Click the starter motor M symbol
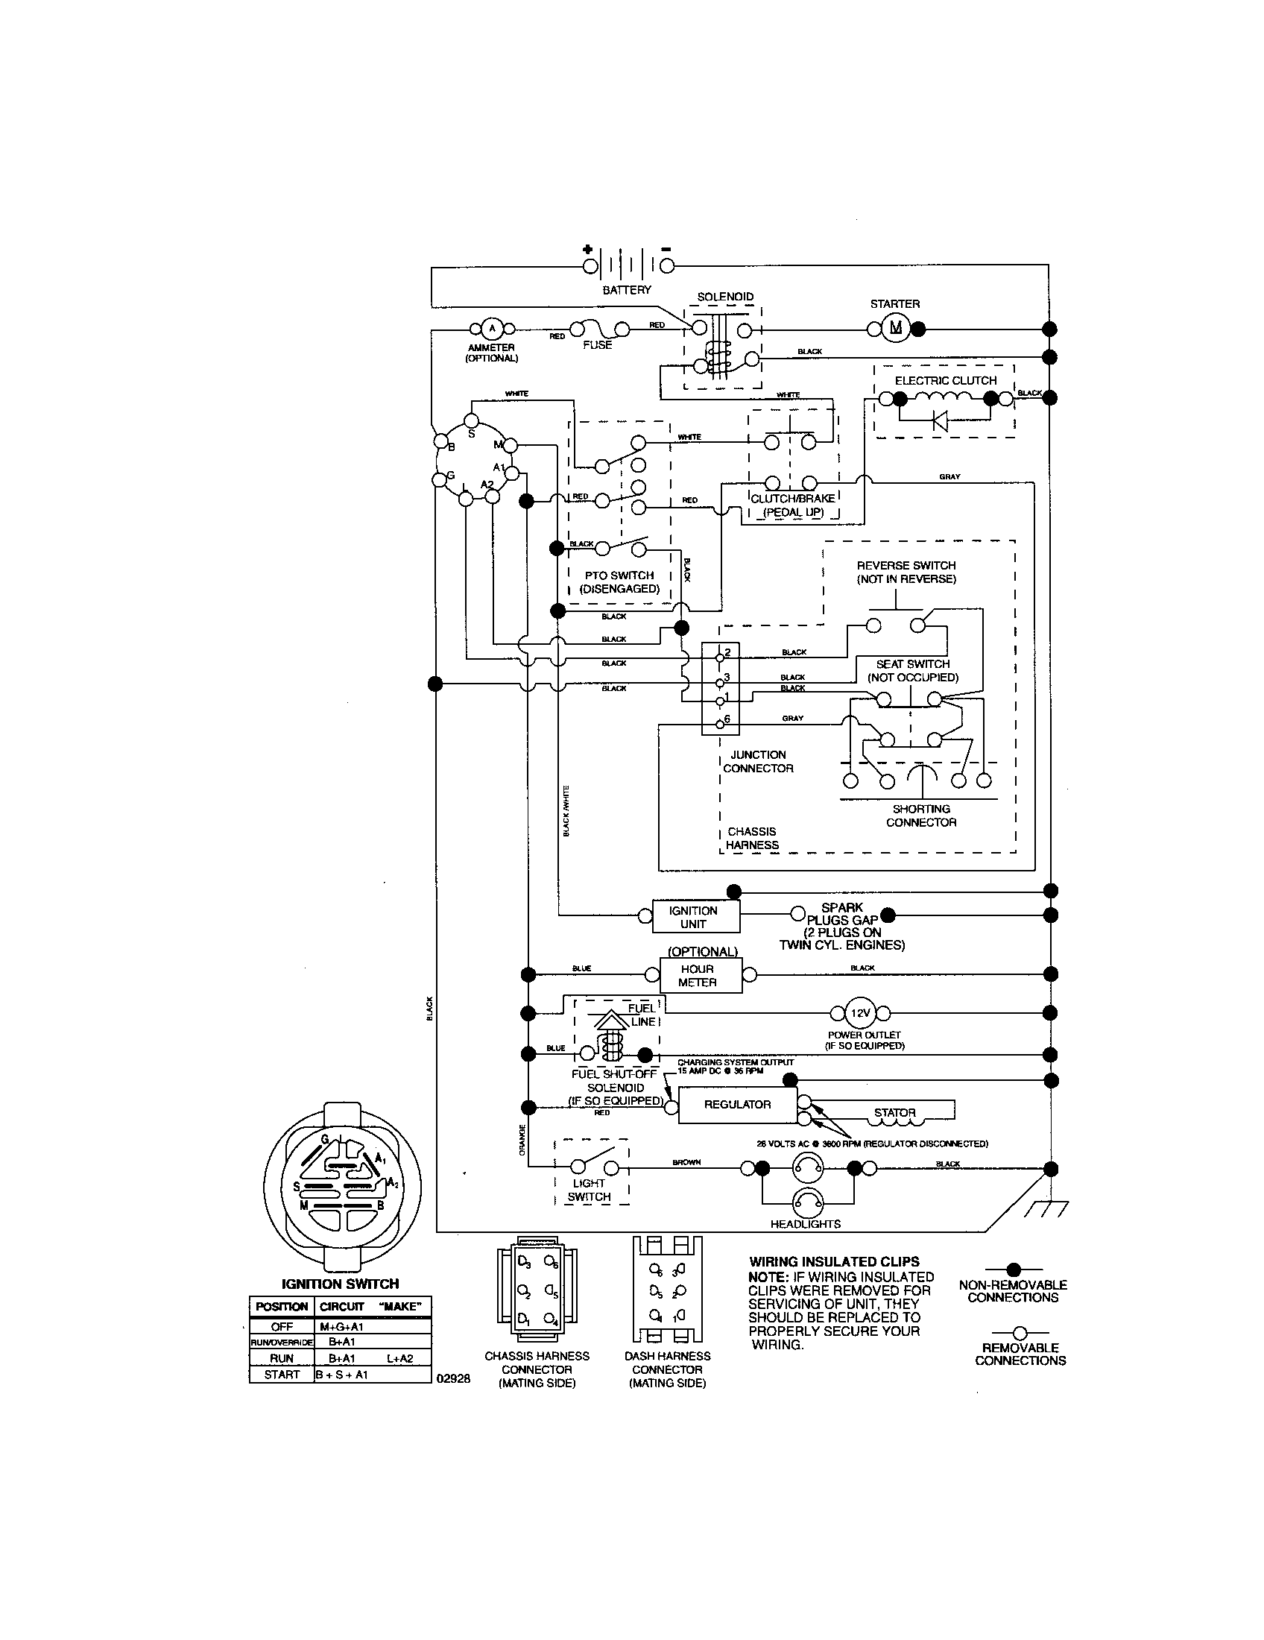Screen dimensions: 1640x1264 tap(894, 328)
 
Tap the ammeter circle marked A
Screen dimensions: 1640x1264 tap(492, 328)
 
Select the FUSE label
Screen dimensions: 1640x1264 tap(598, 345)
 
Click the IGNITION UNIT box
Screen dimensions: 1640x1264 tap(694, 916)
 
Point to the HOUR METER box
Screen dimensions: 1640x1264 tap(699, 976)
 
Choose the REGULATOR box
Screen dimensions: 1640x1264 tap(737, 1105)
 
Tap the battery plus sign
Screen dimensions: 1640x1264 tap(588, 250)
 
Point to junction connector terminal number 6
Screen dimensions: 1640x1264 tap(721, 721)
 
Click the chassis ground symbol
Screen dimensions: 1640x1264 tap(1051, 1209)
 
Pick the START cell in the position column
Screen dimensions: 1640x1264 tap(282, 1375)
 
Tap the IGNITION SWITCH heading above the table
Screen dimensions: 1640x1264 tap(340, 1284)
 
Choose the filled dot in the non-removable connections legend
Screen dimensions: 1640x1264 tap(1013, 1268)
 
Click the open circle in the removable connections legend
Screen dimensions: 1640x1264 tap(1020, 1333)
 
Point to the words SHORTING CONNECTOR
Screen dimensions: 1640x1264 tap(921, 816)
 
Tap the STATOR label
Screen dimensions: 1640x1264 tap(894, 1113)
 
